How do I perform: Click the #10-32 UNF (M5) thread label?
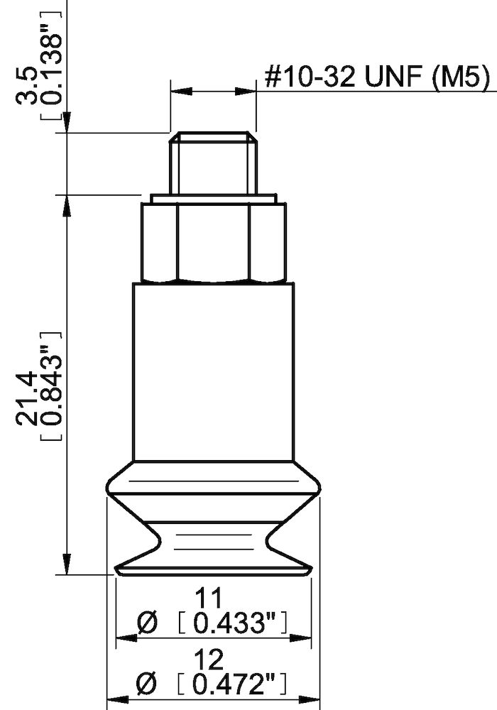(377, 78)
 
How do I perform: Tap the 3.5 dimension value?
(30, 84)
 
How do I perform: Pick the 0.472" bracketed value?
(232, 686)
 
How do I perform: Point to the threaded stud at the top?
(213, 163)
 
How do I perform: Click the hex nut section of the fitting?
(214, 241)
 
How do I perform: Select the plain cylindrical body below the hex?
(213, 369)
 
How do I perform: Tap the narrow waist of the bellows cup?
(213, 543)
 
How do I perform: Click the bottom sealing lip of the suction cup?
(213, 567)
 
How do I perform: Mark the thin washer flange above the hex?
(213, 198)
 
